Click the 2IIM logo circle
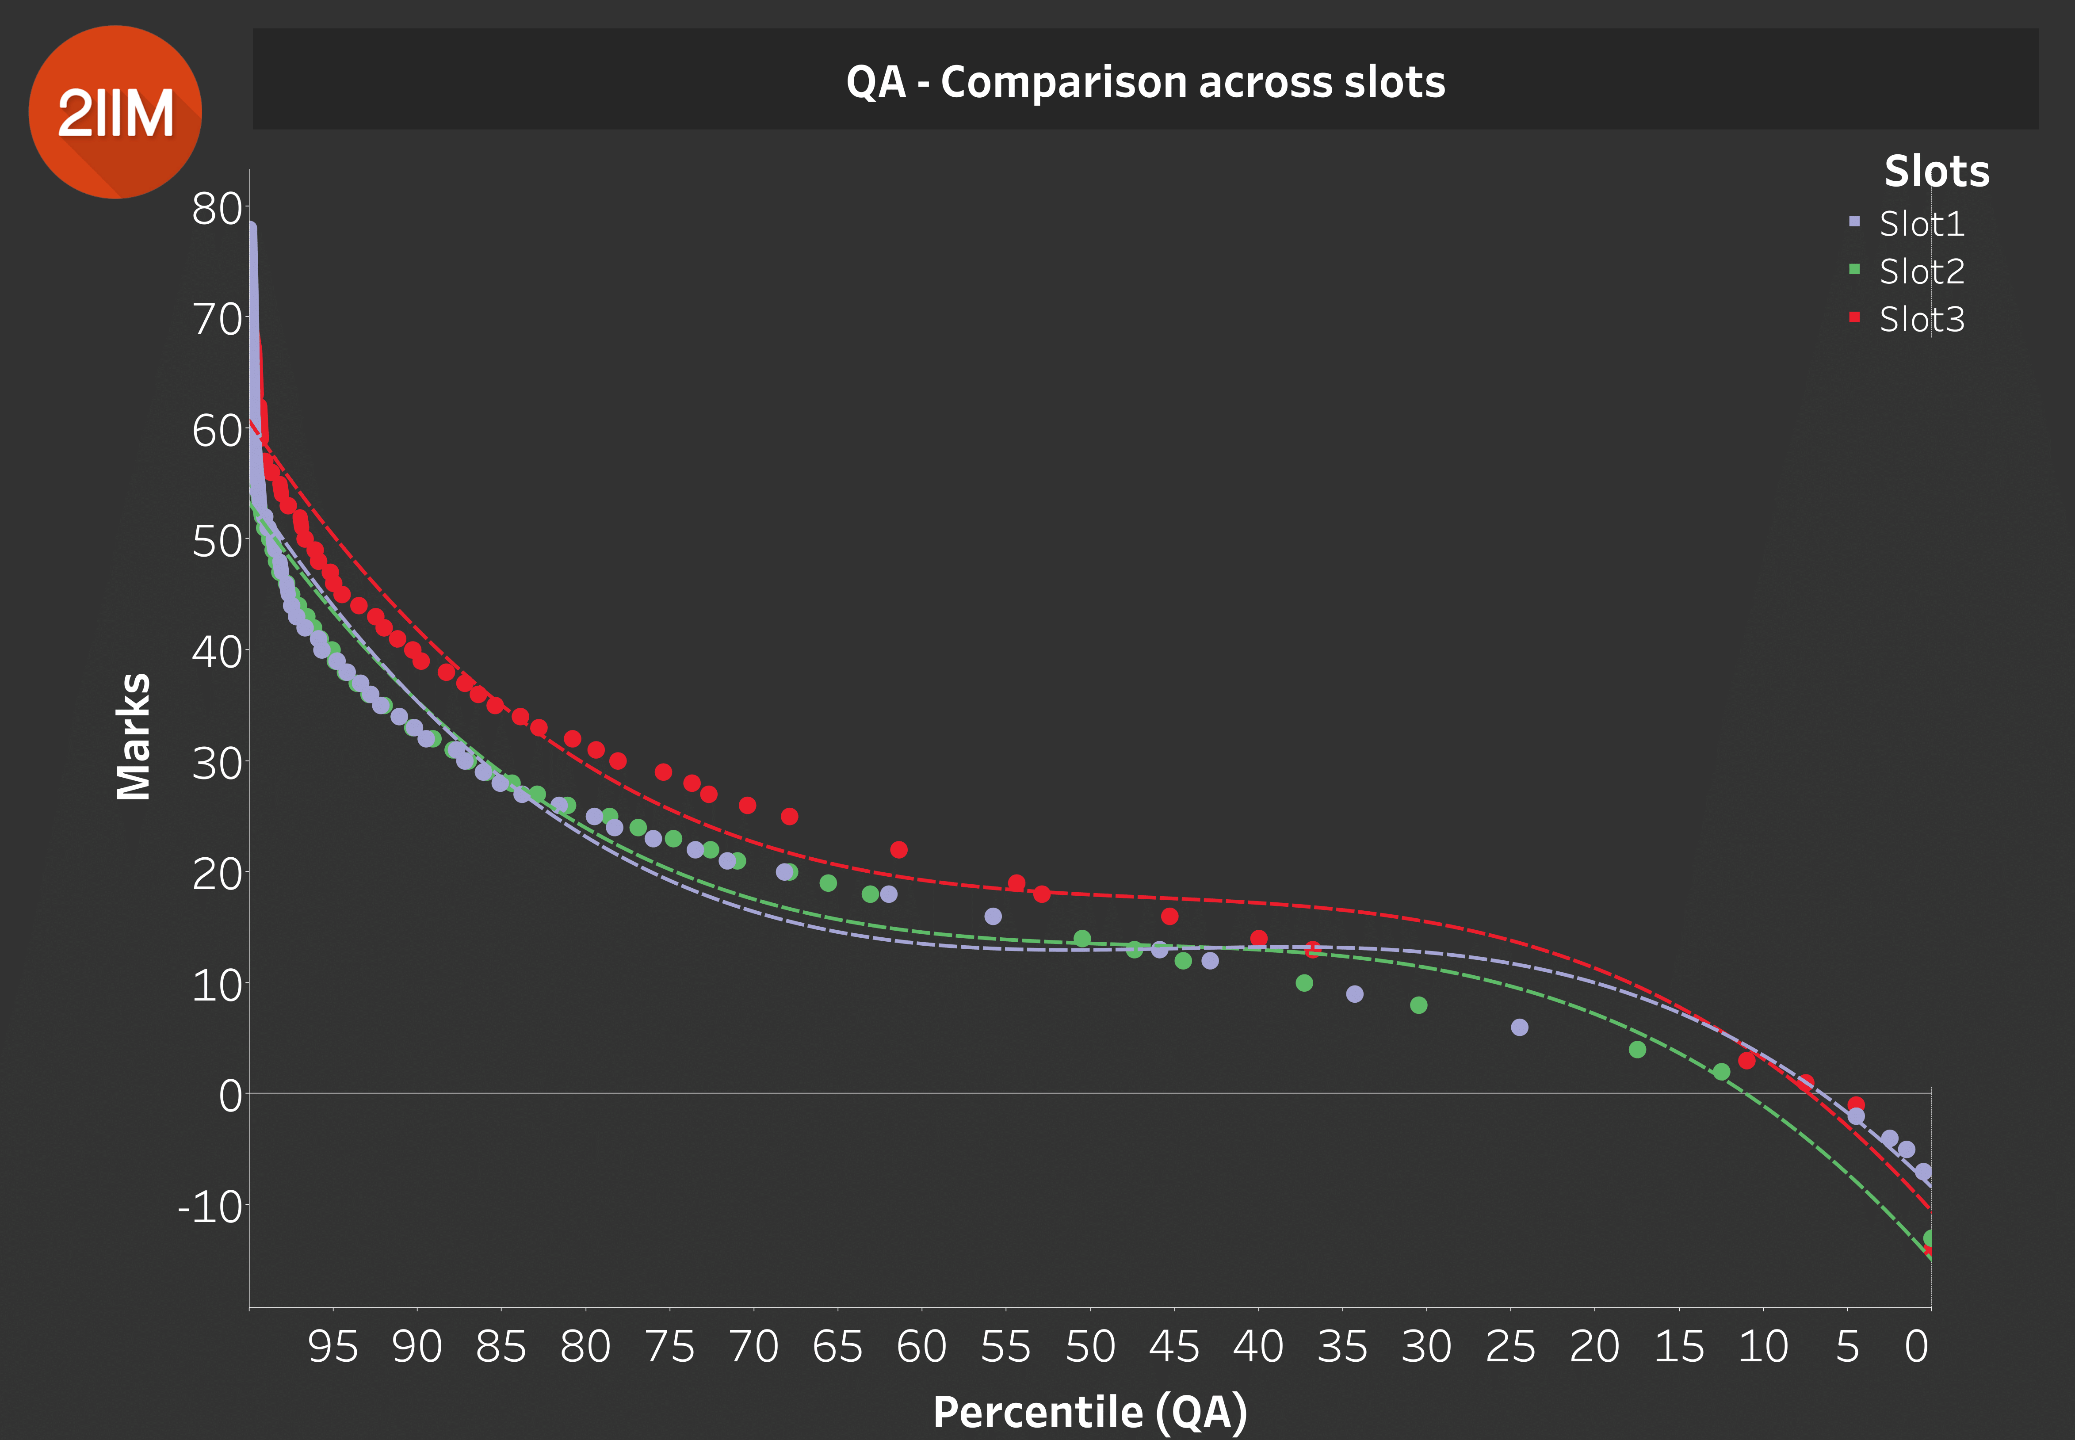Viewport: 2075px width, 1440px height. pyautogui.click(x=115, y=112)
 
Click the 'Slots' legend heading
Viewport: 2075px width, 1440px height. pyautogui.click(x=1936, y=172)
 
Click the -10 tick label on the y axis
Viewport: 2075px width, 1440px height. pyautogui.click(x=210, y=1206)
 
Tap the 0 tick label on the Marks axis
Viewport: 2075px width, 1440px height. pyautogui.click(x=231, y=1095)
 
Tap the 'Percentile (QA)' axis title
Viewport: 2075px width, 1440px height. pyautogui.click(x=1090, y=1411)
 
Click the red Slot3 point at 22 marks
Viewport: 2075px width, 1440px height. pyautogui.click(x=898, y=850)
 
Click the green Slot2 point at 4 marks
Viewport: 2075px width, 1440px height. pyautogui.click(x=1637, y=1049)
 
